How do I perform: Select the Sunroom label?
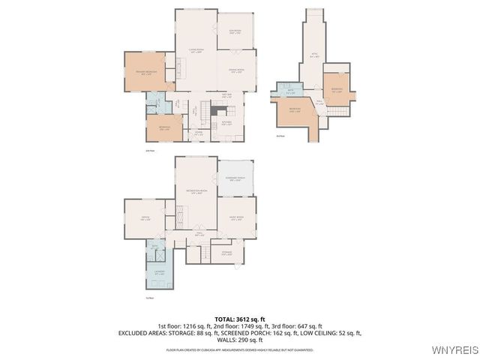click(235, 32)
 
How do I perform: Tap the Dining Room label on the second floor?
click(235, 72)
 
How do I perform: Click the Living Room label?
click(196, 51)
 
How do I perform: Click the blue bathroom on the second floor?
click(154, 101)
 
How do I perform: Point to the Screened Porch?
click(235, 178)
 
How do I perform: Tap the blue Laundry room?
click(158, 271)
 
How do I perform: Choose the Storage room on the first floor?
click(226, 253)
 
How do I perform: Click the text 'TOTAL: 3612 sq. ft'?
click(240, 319)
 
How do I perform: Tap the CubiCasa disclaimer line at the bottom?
click(240, 349)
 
